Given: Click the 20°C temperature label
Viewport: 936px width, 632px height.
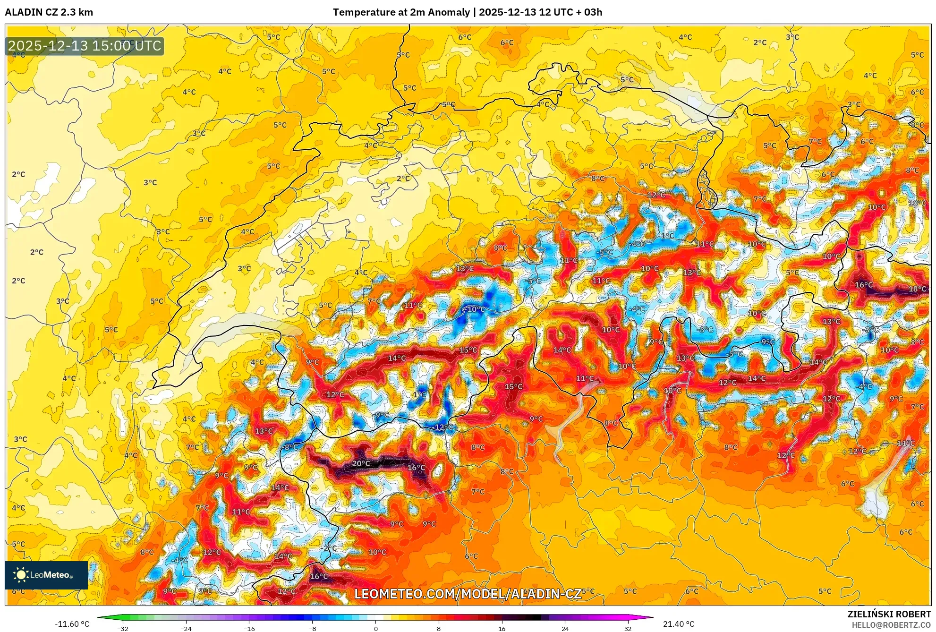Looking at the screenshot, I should click(x=361, y=463).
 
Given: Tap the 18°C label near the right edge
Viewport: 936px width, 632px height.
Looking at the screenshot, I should click(x=917, y=289).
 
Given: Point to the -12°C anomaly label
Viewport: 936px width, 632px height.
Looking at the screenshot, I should click(x=442, y=427).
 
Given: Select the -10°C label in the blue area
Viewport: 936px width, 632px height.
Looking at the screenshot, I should click(x=476, y=309).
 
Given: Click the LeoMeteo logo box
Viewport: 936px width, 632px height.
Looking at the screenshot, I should click(x=46, y=575).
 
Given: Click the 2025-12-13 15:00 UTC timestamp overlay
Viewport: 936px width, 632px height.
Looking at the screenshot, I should click(x=85, y=46).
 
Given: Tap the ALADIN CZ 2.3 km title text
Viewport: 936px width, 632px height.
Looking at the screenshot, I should click(x=49, y=12).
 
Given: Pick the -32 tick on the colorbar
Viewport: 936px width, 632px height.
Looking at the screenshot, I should click(x=123, y=629).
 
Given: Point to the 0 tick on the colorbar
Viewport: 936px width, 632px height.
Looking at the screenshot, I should click(x=376, y=629).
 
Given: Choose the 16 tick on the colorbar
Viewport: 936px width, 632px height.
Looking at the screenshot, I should click(x=502, y=629).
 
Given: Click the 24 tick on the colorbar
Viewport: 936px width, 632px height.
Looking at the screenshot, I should click(x=565, y=629).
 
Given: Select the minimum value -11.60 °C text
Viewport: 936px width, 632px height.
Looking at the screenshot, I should click(x=72, y=624).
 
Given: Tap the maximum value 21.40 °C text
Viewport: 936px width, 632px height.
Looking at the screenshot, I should click(x=679, y=624).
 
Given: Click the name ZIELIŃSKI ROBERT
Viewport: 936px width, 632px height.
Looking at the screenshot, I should click(x=889, y=614).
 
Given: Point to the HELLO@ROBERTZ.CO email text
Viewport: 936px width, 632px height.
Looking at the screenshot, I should click(x=891, y=625).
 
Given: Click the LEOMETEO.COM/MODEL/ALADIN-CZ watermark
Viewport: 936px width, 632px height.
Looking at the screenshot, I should click(x=468, y=594).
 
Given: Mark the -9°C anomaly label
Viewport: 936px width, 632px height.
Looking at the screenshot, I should click(x=382, y=415).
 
